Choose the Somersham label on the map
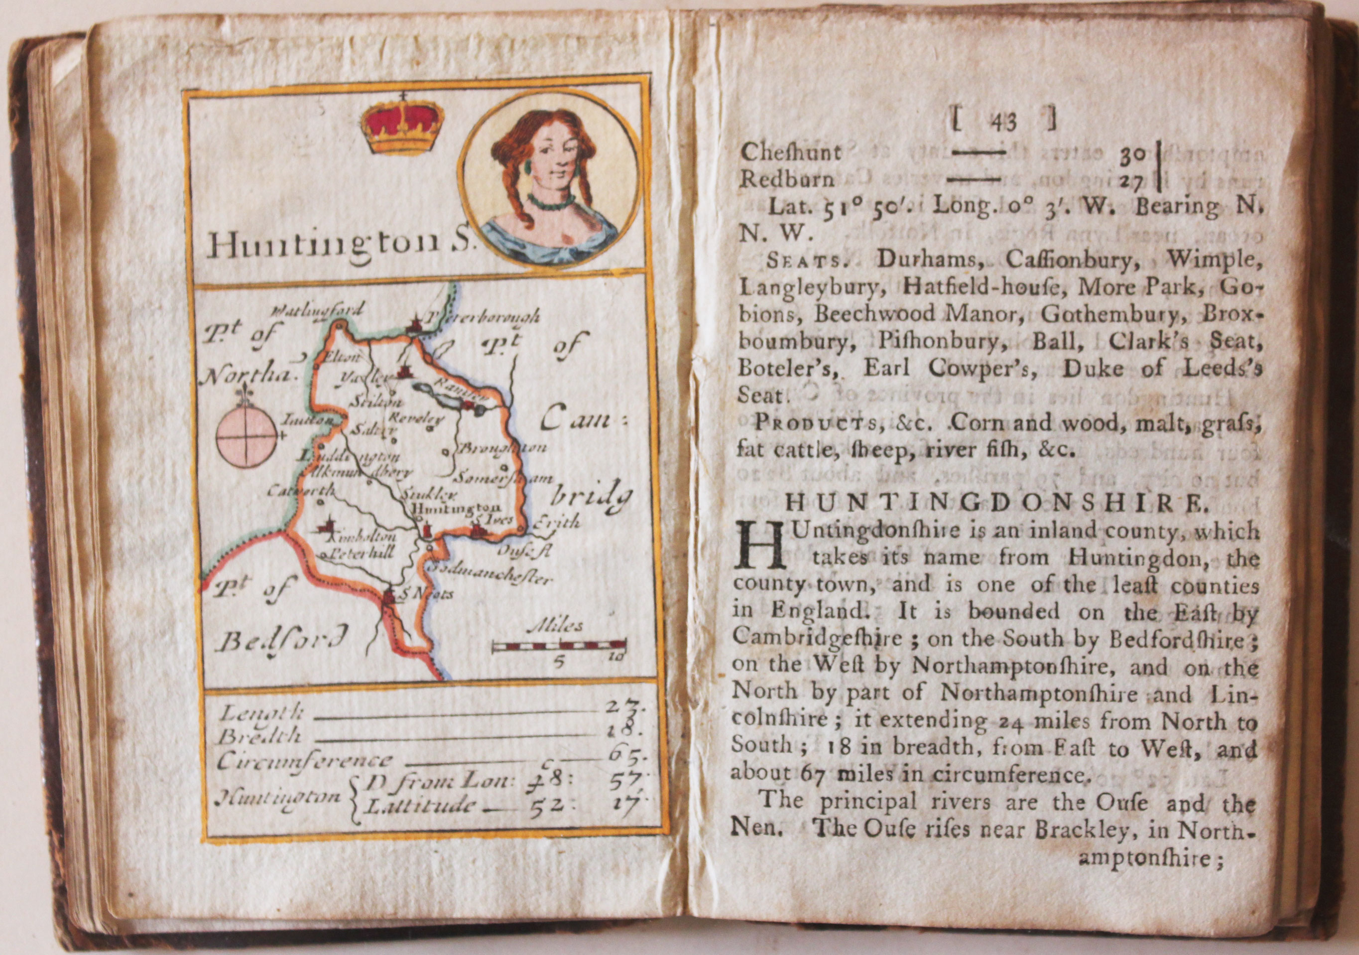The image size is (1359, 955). coord(506,477)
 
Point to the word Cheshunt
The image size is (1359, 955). coord(790,153)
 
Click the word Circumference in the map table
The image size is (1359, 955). coord(304,760)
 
